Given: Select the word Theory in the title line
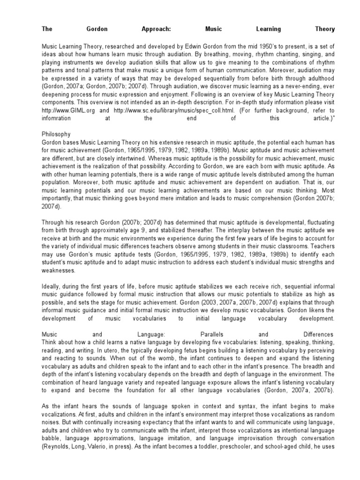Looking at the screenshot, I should (325, 29).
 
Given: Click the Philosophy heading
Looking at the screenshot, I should (57, 134).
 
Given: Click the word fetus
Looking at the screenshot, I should (188, 350).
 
